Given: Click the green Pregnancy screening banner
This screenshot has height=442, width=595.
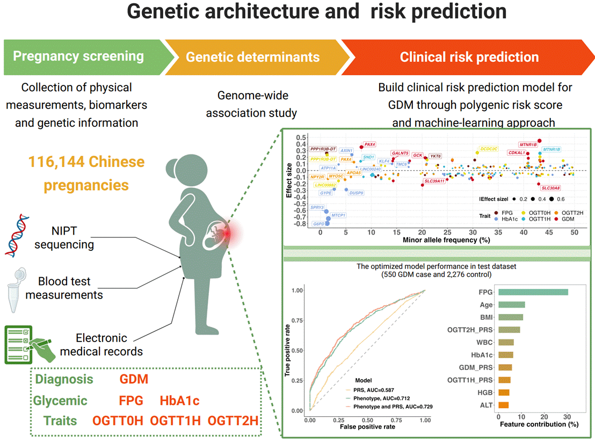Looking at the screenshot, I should coord(78,56).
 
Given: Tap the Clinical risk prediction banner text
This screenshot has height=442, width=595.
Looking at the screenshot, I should coord(469,57).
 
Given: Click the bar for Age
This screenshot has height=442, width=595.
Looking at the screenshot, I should coord(511,305).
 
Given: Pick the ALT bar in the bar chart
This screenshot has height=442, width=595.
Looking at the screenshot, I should coord(503,405).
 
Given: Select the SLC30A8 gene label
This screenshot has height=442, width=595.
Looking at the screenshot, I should coord(550,188).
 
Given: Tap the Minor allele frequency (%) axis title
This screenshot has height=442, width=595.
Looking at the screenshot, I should coord(446,240).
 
